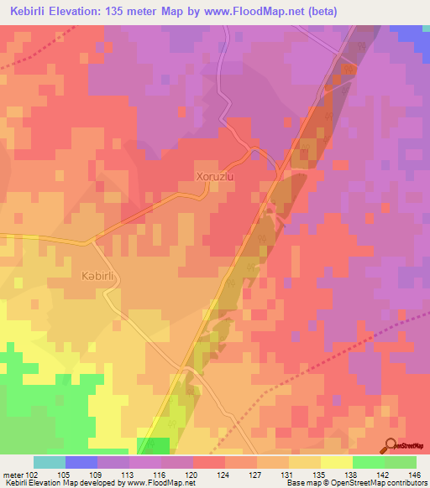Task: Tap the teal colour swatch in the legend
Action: [x=50, y=462]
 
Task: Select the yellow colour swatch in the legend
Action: [x=335, y=462]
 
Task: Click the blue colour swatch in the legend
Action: [x=81, y=462]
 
